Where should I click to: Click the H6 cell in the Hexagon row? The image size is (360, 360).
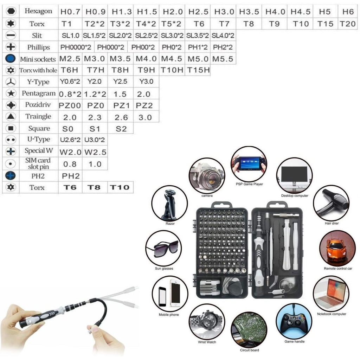coord(348,12)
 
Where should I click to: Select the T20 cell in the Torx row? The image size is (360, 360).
coord(348,24)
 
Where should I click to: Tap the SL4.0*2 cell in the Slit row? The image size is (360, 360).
coord(223,36)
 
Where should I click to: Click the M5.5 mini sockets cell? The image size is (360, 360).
coord(223,59)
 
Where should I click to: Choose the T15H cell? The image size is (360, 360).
coord(198,70)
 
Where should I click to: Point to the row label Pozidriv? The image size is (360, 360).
coord(38,105)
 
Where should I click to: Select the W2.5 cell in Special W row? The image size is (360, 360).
coord(95,152)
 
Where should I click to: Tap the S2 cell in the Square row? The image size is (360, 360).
coord(121,129)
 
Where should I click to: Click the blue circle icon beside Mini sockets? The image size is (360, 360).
coord(11,59)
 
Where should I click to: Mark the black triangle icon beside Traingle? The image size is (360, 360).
coord(11,116)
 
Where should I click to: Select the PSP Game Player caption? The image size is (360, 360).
coord(249,184)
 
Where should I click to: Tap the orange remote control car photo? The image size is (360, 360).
coord(337,248)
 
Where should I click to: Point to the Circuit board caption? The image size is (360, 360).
coord(249,350)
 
